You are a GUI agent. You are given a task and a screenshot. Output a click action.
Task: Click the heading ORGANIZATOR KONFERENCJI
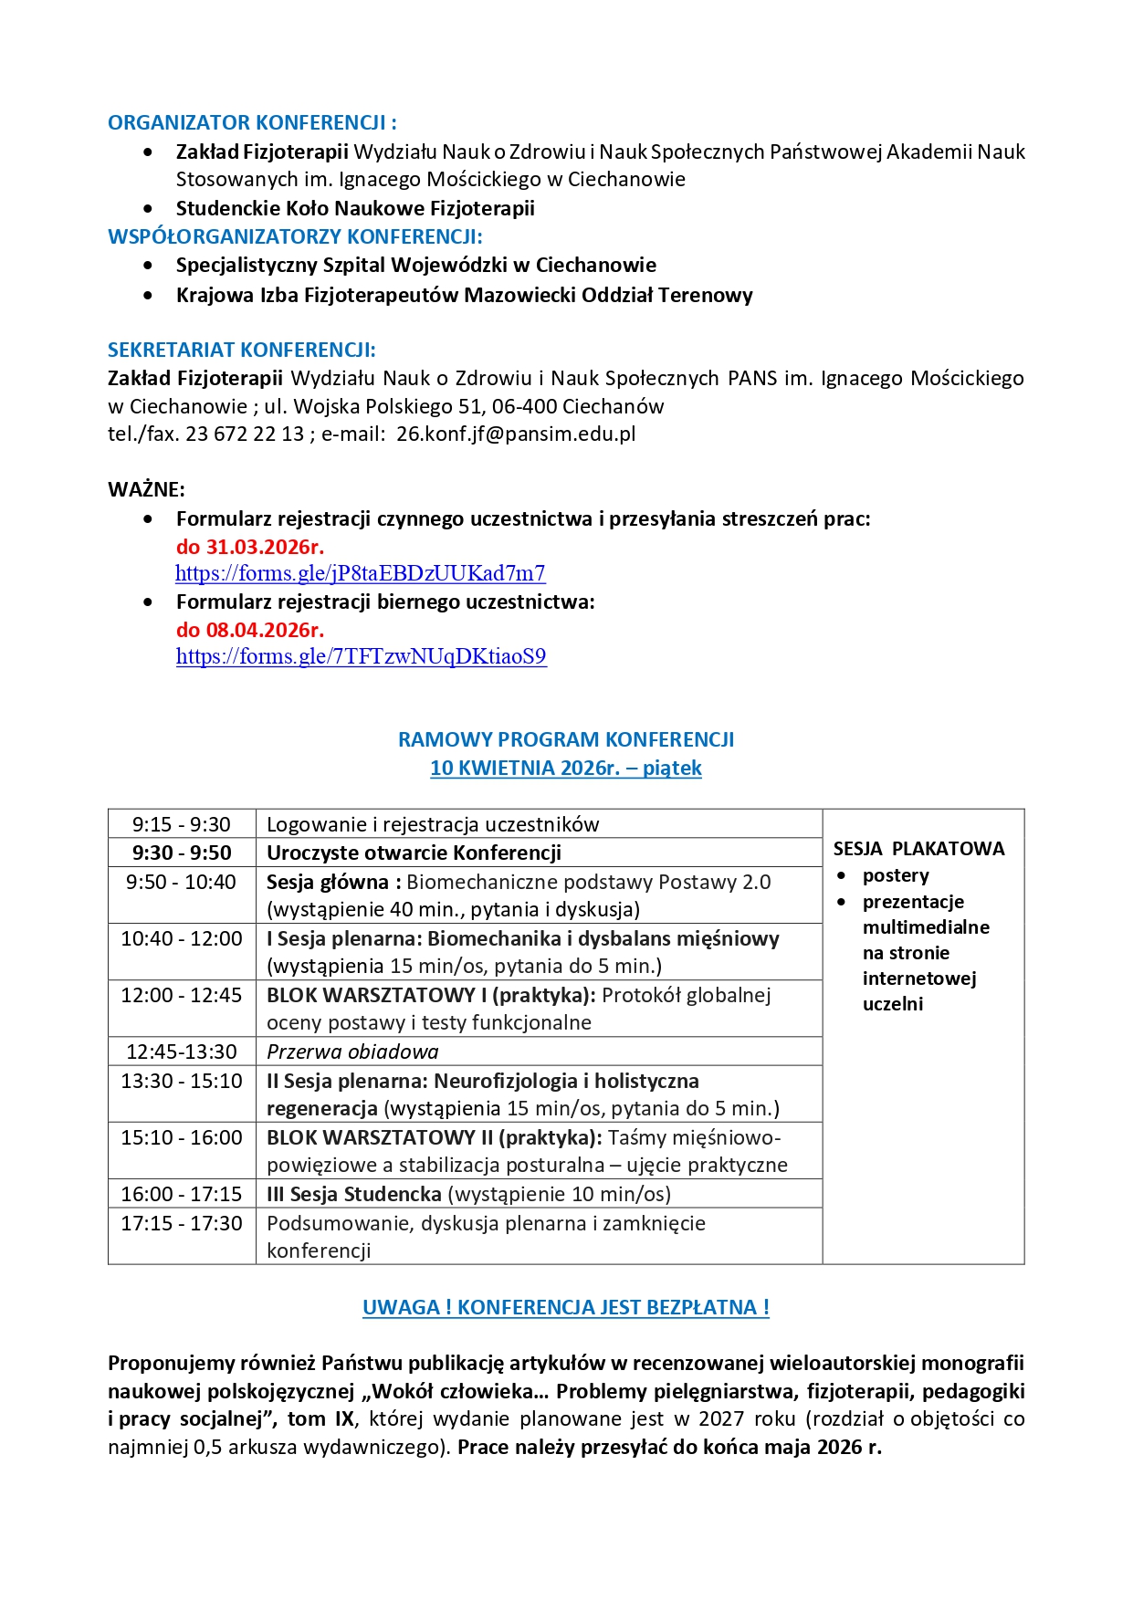tap(252, 122)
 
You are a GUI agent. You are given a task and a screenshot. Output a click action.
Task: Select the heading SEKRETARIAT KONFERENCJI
tap(241, 350)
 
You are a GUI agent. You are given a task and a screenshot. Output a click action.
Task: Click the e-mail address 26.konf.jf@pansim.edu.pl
tap(516, 434)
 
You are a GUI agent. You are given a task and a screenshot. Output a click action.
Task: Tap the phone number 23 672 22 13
tap(245, 434)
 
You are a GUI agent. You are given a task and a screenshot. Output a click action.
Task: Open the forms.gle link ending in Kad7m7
tap(360, 573)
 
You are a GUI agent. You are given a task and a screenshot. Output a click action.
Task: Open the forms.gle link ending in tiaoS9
tap(361, 656)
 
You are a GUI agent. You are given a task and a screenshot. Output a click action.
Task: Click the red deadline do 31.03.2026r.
tap(249, 547)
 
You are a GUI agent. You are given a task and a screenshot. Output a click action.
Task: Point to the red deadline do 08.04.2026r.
tap(249, 630)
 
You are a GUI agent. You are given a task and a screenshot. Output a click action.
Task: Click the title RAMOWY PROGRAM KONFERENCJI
tap(566, 739)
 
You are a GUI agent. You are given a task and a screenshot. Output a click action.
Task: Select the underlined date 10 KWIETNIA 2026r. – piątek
tap(566, 768)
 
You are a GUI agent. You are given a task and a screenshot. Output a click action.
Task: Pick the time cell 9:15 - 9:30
tap(182, 824)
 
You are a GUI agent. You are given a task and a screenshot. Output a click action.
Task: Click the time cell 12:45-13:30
tap(182, 1052)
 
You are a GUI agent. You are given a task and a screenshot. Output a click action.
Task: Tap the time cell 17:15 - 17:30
tap(182, 1223)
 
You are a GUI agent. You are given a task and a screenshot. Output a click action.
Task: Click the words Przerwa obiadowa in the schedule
tap(352, 1052)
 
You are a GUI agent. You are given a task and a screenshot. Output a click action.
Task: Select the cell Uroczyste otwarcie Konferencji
tap(414, 853)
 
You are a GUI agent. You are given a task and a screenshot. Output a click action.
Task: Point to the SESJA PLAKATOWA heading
tap(918, 849)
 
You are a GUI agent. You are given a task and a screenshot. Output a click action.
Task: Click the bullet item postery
tap(896, 875)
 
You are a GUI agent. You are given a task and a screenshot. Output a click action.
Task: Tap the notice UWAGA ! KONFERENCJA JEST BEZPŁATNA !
tap(566, 1307)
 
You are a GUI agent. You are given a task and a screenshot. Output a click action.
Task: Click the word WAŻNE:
tap(146, 489)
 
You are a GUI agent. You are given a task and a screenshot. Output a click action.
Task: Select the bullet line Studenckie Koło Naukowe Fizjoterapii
tap(355, 208)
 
